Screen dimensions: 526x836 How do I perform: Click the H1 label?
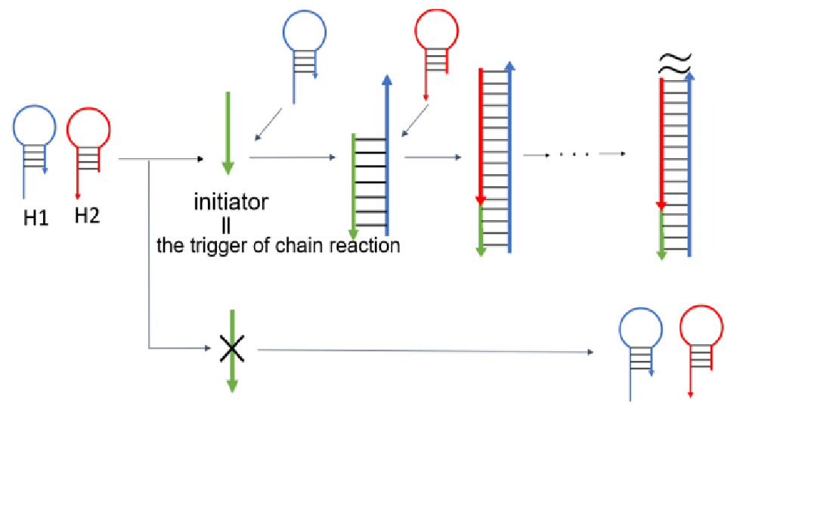pyautogui.click(x=36, y=219)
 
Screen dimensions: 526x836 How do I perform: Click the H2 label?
pyautogui.click(x=87, y=216)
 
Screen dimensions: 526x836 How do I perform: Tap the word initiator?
pyautogui.click(x=231, y=202)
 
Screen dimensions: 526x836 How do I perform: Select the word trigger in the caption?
pyautogui.click(x=226, y=246)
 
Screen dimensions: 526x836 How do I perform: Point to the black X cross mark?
pyautogui.click(x=232, y=348)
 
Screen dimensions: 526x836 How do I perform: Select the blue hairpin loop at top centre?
pyautogui.click(x=305, y=33)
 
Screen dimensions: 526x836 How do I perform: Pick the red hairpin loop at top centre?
pyautogui.click(x=437, y=33)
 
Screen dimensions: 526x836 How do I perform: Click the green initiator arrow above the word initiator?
pyautogui.click(x=227, y=132)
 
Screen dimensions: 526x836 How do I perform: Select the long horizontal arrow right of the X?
pyautogui.click(x=423, y=351)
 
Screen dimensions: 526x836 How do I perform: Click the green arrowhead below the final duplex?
pyautogui.click(x=662, y=254)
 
